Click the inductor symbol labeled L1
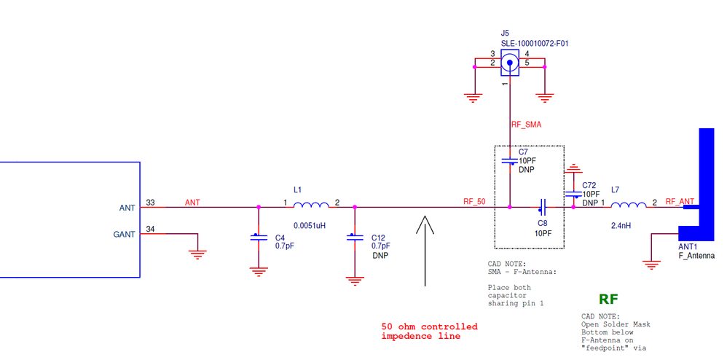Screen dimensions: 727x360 coord(311,205)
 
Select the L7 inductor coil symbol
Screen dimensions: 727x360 coord(628,205)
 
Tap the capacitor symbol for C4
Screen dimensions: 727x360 coord(259,237)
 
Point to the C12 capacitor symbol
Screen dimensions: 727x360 coord(355,237)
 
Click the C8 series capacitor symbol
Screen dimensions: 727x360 coord(543,204)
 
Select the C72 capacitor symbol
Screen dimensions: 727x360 coord(573,194)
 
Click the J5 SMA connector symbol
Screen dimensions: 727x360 coord(510,63)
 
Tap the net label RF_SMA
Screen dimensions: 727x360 coord(526,125)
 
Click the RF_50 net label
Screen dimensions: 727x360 coord(474,201)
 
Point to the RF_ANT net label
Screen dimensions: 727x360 coord(680,201)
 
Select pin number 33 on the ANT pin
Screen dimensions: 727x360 coord(150,203)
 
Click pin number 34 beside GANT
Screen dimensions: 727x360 coord(150,229)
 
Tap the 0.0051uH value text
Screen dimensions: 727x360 coord(310,225)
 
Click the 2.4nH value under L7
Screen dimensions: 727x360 coord(621,225)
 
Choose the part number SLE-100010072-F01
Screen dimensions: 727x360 coord(535,44)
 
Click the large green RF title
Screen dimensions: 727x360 coord(608,300)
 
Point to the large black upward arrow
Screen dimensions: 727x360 coord(425,251)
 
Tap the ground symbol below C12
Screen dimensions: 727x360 coord(355,280)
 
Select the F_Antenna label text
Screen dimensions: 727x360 coord(696,256)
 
